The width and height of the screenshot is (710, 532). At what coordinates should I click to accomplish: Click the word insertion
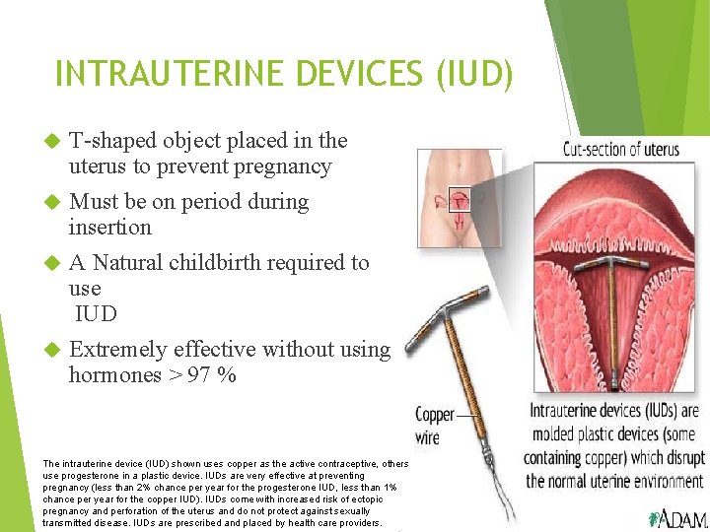click(109, 228)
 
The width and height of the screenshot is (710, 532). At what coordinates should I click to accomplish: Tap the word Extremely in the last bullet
click(118, 350)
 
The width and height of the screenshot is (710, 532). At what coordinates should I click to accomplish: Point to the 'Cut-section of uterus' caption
click(620, 150)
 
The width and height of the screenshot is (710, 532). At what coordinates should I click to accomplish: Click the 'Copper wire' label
click(434, 425)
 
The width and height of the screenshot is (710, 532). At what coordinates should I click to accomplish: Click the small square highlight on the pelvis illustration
click(459, 200)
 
